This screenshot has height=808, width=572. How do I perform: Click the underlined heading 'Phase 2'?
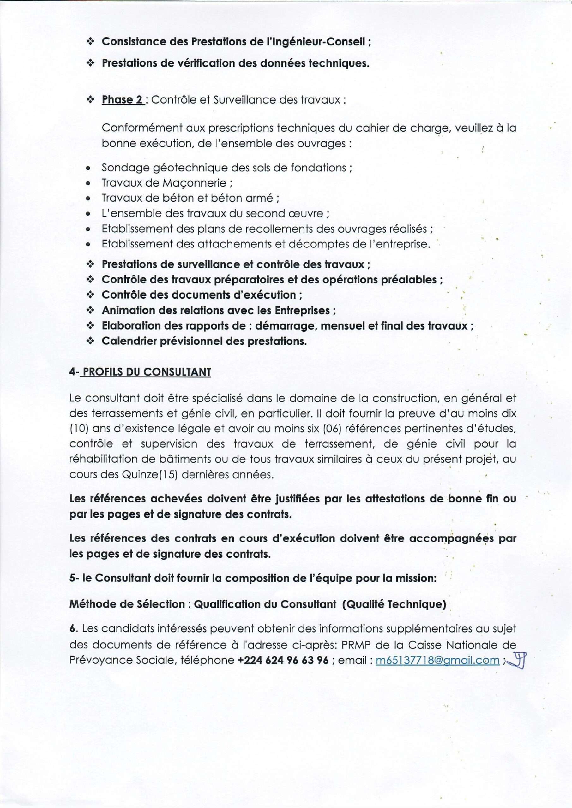(122, 100)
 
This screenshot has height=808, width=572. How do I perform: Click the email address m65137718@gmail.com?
(437, 660)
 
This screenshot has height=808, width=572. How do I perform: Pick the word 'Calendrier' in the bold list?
(129, 341)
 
